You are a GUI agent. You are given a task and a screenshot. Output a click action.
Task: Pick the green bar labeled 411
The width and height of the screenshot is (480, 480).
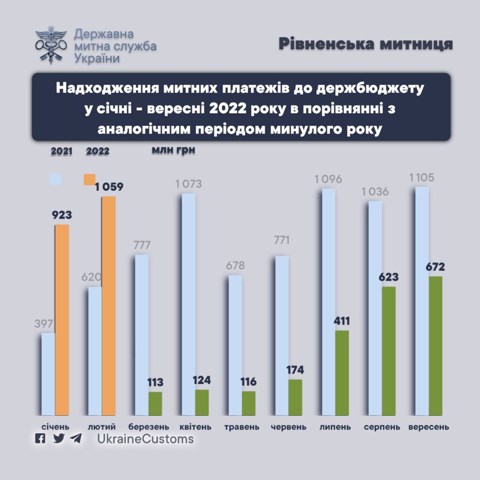342,373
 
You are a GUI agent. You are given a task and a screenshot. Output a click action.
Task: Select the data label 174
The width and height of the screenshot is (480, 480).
295,370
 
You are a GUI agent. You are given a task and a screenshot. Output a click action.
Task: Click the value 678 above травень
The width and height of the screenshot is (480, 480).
235,266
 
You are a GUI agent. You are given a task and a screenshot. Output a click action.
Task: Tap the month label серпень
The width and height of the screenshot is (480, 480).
382,427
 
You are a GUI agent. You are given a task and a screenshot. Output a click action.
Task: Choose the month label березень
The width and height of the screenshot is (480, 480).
149,427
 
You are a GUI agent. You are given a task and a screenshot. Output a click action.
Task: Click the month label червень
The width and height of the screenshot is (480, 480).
289,427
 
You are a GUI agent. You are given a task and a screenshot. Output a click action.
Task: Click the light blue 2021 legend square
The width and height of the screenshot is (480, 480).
56,180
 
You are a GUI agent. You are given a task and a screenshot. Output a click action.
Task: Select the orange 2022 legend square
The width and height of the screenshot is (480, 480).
89,180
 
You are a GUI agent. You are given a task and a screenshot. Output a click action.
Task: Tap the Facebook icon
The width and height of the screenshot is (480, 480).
41,439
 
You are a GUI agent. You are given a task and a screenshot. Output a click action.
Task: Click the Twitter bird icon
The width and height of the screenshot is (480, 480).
59,439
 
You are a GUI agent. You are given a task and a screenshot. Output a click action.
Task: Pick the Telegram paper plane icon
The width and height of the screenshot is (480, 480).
76,439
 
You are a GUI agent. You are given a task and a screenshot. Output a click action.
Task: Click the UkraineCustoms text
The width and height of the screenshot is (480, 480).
145,439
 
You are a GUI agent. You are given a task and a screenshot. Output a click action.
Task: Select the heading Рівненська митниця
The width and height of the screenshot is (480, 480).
366,44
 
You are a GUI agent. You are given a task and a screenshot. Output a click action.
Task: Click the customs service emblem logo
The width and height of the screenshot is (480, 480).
51,45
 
